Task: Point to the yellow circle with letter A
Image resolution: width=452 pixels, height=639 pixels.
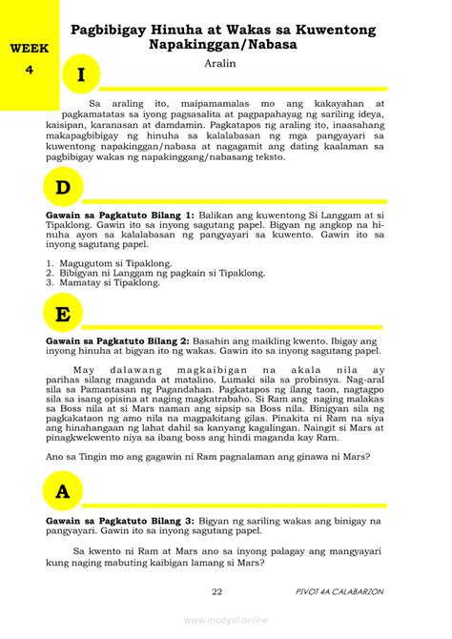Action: click(x=64, y=492)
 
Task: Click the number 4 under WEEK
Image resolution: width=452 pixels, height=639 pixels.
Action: click(x=30, y=69)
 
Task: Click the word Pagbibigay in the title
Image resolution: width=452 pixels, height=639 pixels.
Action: click(x=122, y=30)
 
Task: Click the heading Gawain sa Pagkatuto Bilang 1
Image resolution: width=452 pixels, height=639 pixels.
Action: click(x=119, y=216)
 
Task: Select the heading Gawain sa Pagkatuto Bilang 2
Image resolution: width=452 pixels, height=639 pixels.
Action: click(x=118, y=340)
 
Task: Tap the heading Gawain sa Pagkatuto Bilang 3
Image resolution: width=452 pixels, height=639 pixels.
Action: click(x=119, y=521)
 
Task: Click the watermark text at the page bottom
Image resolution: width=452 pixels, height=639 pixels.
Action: click(x=227, y=620)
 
